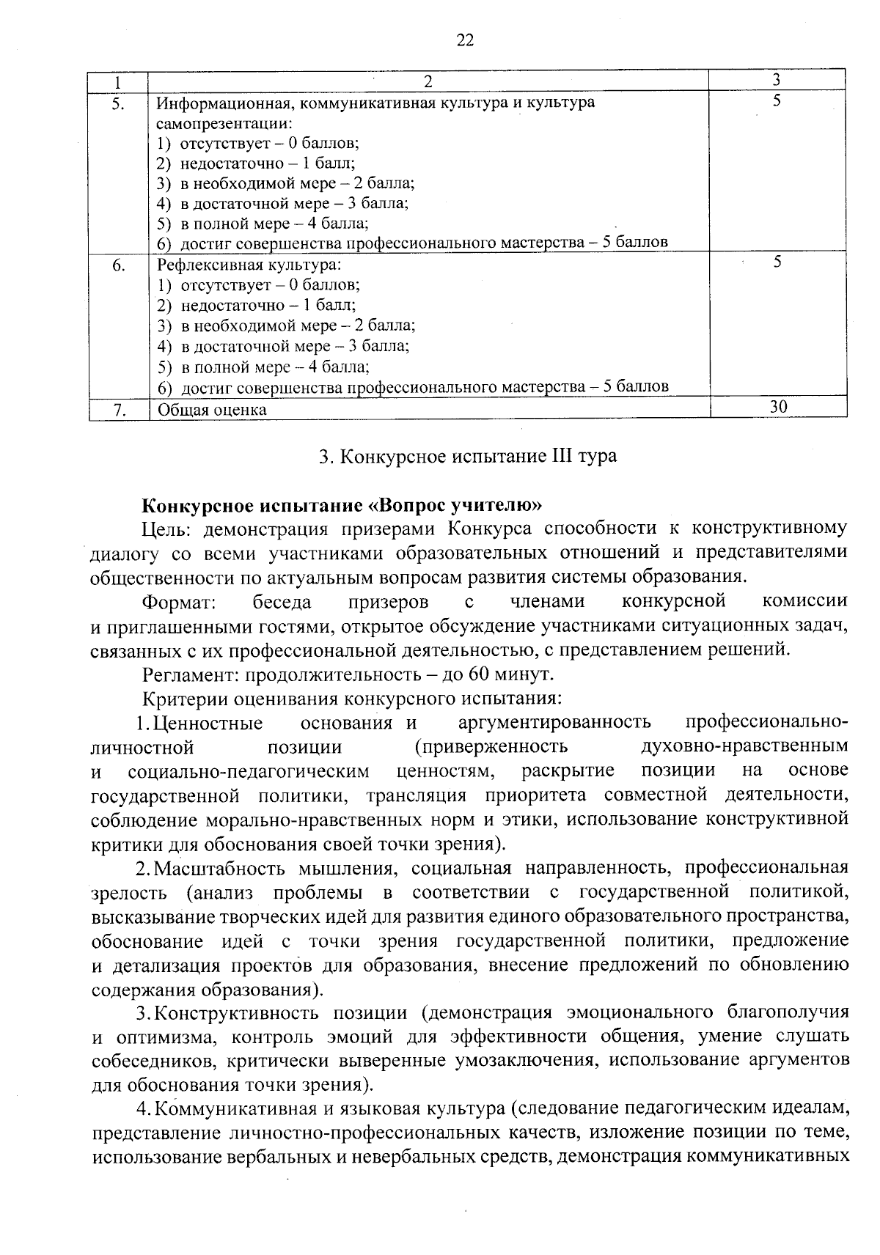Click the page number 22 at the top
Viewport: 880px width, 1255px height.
point(465,40)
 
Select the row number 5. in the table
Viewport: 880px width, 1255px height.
point(117,103)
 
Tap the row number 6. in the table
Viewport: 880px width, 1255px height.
point(117,265)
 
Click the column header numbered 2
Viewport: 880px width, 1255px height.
point(428,81)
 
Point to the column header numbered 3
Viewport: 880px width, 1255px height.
point(777,79)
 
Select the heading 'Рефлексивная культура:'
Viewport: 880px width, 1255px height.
point(249,265)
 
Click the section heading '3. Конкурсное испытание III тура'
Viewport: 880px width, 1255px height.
point(468,456)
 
